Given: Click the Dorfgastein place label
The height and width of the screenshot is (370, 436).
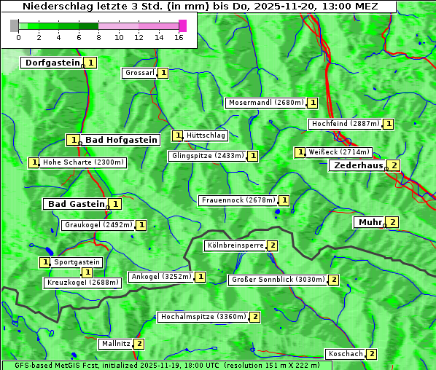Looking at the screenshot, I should coord(52,63).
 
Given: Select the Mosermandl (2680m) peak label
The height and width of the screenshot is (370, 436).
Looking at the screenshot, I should coord(265,103).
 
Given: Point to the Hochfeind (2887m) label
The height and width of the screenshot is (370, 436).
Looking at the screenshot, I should coord(345,124).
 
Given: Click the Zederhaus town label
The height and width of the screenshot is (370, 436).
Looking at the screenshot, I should coord(357,165).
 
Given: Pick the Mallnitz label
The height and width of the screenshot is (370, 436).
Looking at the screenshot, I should coord(115,343).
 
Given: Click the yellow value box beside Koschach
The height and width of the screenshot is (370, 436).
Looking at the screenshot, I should coord(372,354).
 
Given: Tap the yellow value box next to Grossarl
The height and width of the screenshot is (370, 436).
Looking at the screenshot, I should coord(164,73).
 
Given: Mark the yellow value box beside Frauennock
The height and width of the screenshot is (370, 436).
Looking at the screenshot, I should coord(284,200).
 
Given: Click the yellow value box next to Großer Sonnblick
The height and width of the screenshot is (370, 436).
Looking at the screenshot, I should coord(334,280).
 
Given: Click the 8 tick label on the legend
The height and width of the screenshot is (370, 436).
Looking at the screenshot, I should coord(98,37).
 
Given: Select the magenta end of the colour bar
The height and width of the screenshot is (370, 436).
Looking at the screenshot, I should coord(182,25).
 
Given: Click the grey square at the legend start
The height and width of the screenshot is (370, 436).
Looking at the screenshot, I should coord(14,25).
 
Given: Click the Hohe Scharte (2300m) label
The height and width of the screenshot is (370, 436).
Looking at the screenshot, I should coord(83,162).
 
